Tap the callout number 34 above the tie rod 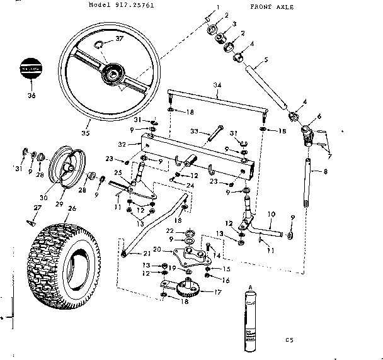coord(217,84)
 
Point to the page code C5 coord(289,340)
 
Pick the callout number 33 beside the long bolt coord(195,132)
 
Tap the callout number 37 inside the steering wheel coord(120,39)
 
